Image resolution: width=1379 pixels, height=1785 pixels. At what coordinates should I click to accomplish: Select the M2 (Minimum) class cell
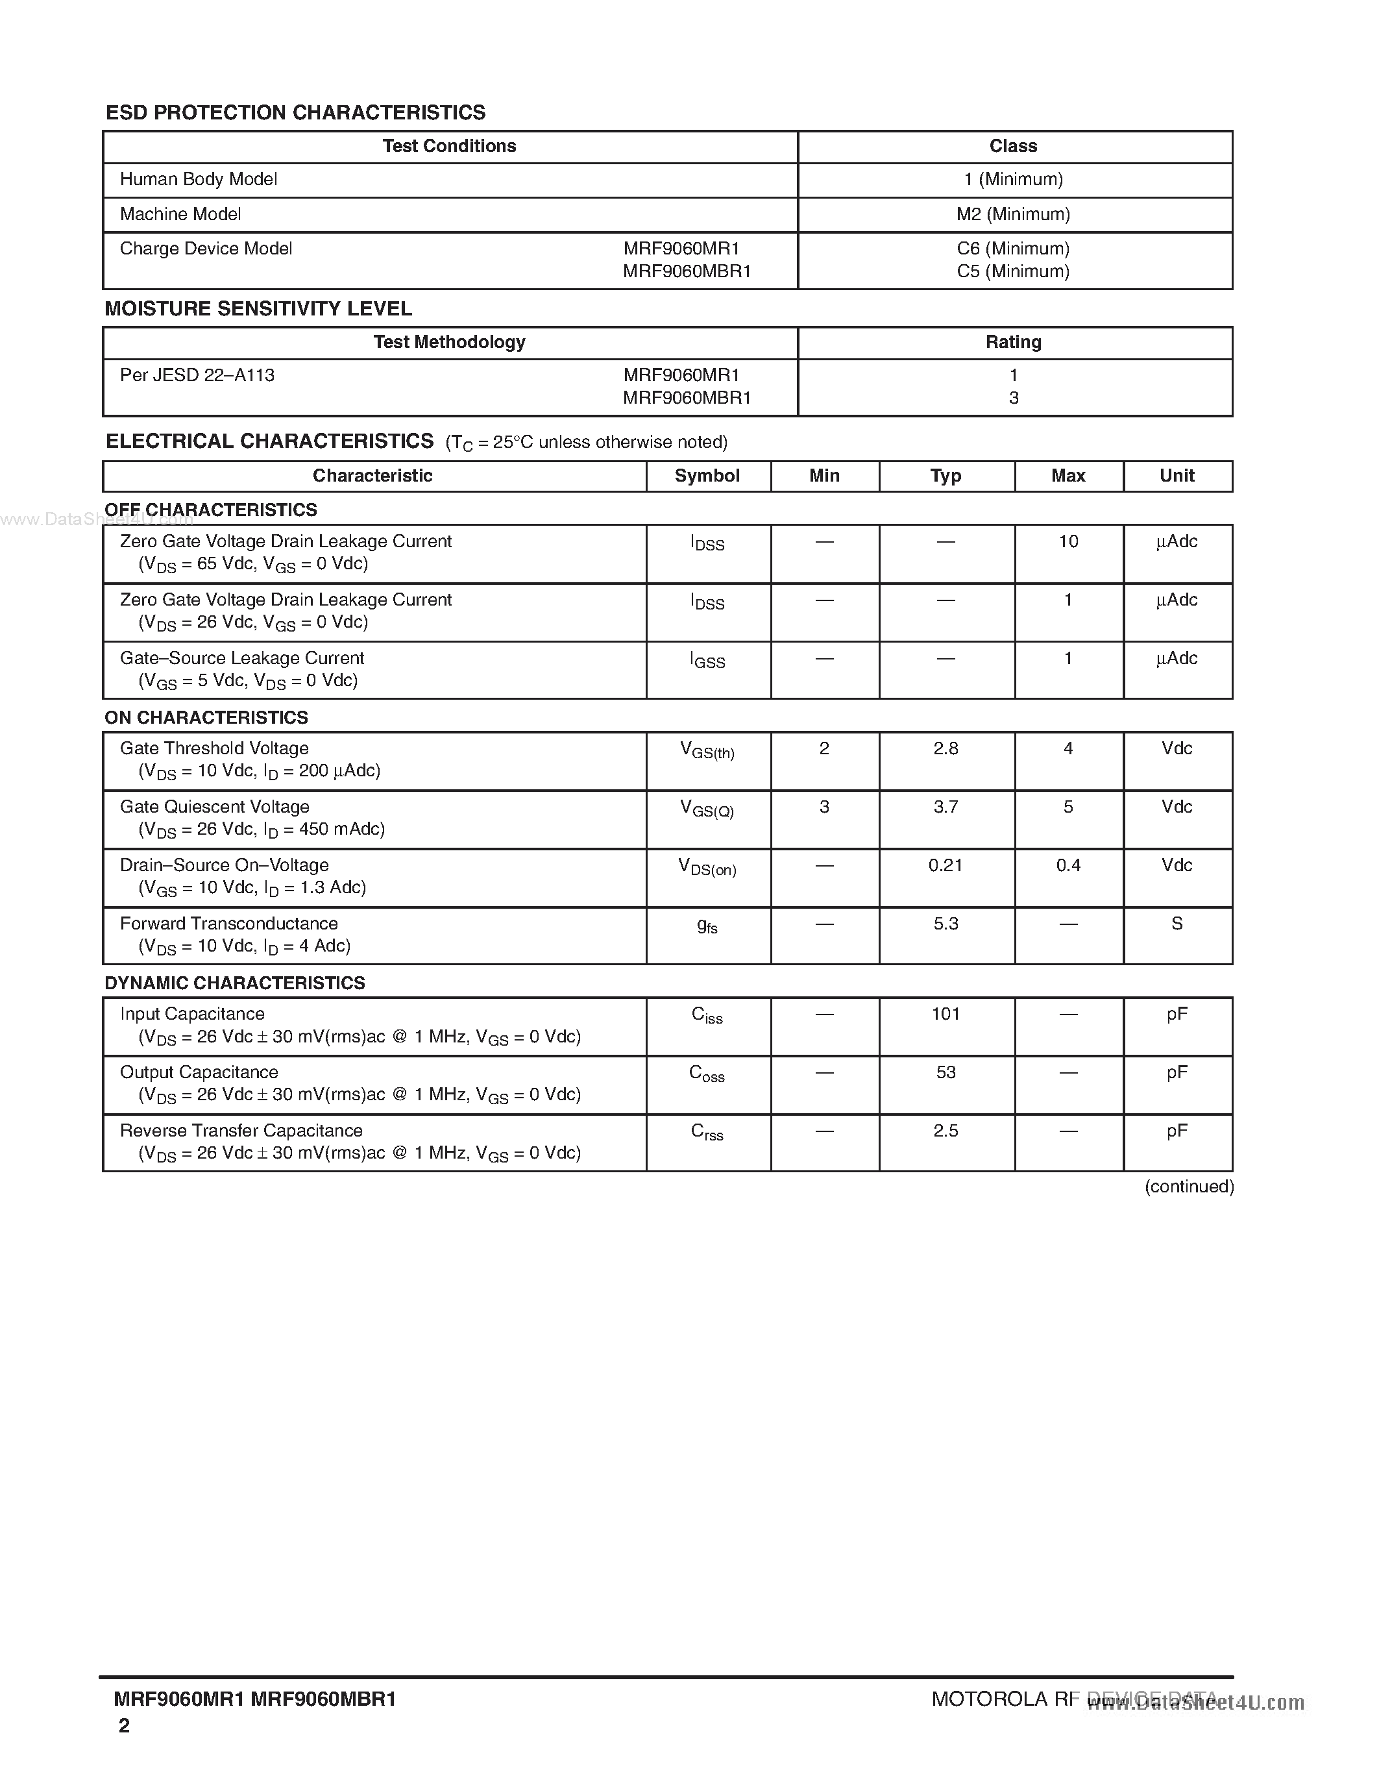pyautogui.click(x=1013, y=214)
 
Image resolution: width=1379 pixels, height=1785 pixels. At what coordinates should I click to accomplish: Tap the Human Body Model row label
pyautogui.click(x=199, y=179)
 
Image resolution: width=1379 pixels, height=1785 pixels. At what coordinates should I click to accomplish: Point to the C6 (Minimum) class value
pyautogui.click(x=1013, y=249)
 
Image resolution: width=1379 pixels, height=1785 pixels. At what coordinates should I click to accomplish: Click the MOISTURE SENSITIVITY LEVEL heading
pyautogui.click(x=258, y=309)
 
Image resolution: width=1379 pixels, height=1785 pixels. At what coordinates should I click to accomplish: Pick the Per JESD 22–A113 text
pyautogui.click(x=197, y=375)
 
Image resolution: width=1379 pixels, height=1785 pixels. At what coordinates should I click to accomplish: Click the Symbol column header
pyautogui.click(x=707, y=476)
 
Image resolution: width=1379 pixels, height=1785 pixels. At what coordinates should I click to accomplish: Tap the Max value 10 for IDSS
pyautogui.click(x=1068, y=542)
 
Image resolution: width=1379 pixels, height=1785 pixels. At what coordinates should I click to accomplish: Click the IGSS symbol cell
pyautogui.click(x=707, y=660)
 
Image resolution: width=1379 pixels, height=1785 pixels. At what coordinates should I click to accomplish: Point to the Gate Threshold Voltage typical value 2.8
pyautogui.click(x=946, y=748)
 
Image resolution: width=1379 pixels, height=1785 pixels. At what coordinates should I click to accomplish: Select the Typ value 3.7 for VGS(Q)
pyautogui.click(x=946, y=807)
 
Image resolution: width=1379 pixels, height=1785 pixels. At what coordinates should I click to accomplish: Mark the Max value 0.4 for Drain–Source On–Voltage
pyautogui.click(x=1068, y=865)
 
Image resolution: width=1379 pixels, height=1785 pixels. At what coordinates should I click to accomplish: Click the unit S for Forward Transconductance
pyautogui.click(x=1177, y=924)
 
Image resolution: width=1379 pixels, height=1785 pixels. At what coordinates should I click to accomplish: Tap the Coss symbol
pyautogui.click(x=707, y=1074)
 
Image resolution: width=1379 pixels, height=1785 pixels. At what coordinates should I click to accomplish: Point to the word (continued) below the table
pyautogui.click(x=1189, y=1187)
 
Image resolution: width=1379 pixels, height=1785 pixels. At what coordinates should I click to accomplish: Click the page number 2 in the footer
pyautogui.click(x=124, y=1725)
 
